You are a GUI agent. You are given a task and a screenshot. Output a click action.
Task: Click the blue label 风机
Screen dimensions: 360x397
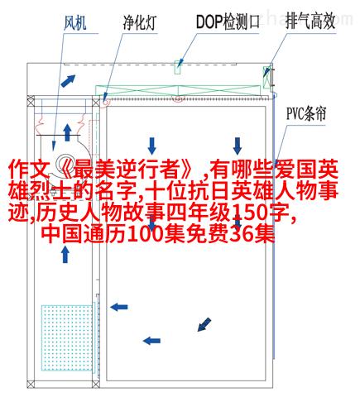tap(75, 22)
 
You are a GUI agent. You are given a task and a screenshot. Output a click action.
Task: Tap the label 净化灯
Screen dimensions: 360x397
tap(140, 22)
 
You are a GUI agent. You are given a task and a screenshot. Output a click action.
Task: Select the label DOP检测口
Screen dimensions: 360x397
tap(228, 22)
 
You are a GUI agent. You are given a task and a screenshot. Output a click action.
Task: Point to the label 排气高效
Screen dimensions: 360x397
tap(310, 22)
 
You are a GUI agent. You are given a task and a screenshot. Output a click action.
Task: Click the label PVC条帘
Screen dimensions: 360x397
tap(306, 113)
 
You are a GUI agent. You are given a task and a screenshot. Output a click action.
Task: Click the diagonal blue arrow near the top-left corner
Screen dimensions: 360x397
tap(68, 81)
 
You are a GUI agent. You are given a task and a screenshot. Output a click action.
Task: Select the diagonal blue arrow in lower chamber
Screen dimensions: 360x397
tap(204, 325)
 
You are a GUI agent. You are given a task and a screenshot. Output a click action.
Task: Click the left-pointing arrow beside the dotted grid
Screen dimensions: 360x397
tap(119, 307)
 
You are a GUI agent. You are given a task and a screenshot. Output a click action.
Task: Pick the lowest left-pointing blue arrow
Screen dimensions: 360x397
tap(151, 341)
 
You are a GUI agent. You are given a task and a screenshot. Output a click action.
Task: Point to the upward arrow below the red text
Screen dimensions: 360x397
tap(65, 254)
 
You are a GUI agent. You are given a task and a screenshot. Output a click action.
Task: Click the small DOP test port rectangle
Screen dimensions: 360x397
tap(178, 67)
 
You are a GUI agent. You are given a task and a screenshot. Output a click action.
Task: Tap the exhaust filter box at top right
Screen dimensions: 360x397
tap(266, 77)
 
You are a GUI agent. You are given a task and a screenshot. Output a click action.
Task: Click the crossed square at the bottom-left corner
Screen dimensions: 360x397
tap(31, 384)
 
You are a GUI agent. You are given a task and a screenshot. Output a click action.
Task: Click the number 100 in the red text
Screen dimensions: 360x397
tap(146, 235)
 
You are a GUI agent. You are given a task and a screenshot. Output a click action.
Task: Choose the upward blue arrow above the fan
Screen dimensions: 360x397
tap(67, 132)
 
